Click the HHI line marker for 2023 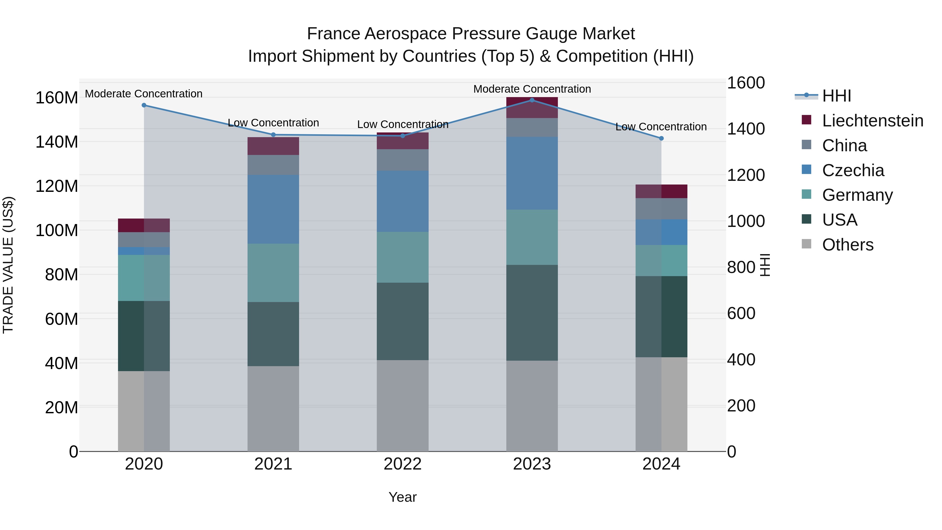pyautogui.click(x=532, y=100)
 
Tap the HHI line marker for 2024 pyautogui.click(x=661, y=138)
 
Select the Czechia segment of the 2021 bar pyautogui.click(x=273, y=209)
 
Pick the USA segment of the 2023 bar pyautogui.click(x=532, y=313)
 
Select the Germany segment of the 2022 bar pyautogui.click(x=403, y=257)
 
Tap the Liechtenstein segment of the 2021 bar pyautogui.click(x=273, y=146)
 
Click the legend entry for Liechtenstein pyautogui.click(x=872, y=121)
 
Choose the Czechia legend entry pyautogui.click(x=853, y=170)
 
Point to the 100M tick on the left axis pyautogui.click(x=57, y=230)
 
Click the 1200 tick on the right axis pyautogui.click(x=745, y=175)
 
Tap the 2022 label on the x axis pyautogui.click(x=403, y=464)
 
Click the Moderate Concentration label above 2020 pyautogui.click(x=144, y=94)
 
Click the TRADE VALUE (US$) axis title pyautogui.click(x=8, y=265)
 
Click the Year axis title pyautogui.click(x=403, y=497)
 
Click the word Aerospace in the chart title pyautogui.click(x=406, y=34)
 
